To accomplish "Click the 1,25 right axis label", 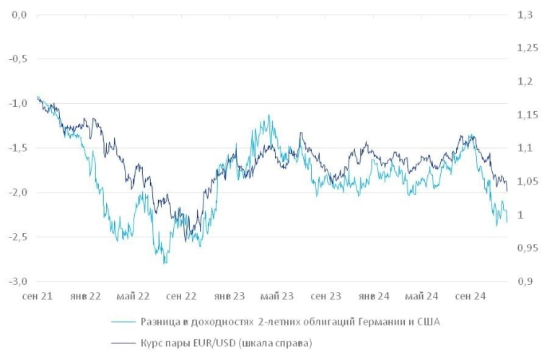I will click(528, 48).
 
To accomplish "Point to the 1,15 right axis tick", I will click(528, 115).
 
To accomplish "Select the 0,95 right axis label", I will click(528, 248).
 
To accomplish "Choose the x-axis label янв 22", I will click(86, 296).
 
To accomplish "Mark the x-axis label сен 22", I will click(181, 296).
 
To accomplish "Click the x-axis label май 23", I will click(277, 296).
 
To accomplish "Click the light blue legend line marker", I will click(126, 322).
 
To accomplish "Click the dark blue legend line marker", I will click(126, 343).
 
